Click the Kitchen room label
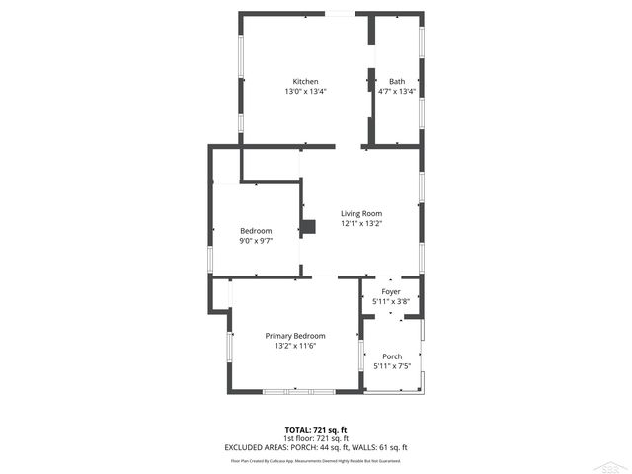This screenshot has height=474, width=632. [x=305, y=81]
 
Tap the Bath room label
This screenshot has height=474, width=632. [x=397, y=81]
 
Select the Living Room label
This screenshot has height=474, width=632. [x=361, y=213]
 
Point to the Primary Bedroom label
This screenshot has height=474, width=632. [x=295, y=336]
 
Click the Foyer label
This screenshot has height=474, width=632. [x=391, y=292]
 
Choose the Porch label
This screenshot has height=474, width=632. [x=392, y=356]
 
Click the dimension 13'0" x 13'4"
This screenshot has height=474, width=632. [x=305, y=91]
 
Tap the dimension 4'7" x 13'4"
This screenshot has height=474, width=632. [x=397, y=91]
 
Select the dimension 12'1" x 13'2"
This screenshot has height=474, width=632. [x=361, y=223]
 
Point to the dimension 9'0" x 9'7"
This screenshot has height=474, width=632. [x=256, y=240]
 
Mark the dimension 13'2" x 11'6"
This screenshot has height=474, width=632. [x=295, y=346]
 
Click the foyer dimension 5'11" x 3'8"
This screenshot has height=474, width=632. [x=391, y=301]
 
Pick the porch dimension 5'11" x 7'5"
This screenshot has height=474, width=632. [x=392, y=366]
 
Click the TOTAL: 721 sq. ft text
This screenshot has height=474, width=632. [x=316, y=429]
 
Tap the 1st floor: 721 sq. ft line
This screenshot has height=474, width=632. [x=316, y=437]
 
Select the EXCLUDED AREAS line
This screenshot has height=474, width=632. [x=316, y=447]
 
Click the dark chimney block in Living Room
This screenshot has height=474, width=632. [x=309, y=227]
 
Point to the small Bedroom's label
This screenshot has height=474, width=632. [x=256, y=231]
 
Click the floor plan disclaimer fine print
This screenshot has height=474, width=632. [x=316, y=460]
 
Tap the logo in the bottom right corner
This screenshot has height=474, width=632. [x=618, y=464]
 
